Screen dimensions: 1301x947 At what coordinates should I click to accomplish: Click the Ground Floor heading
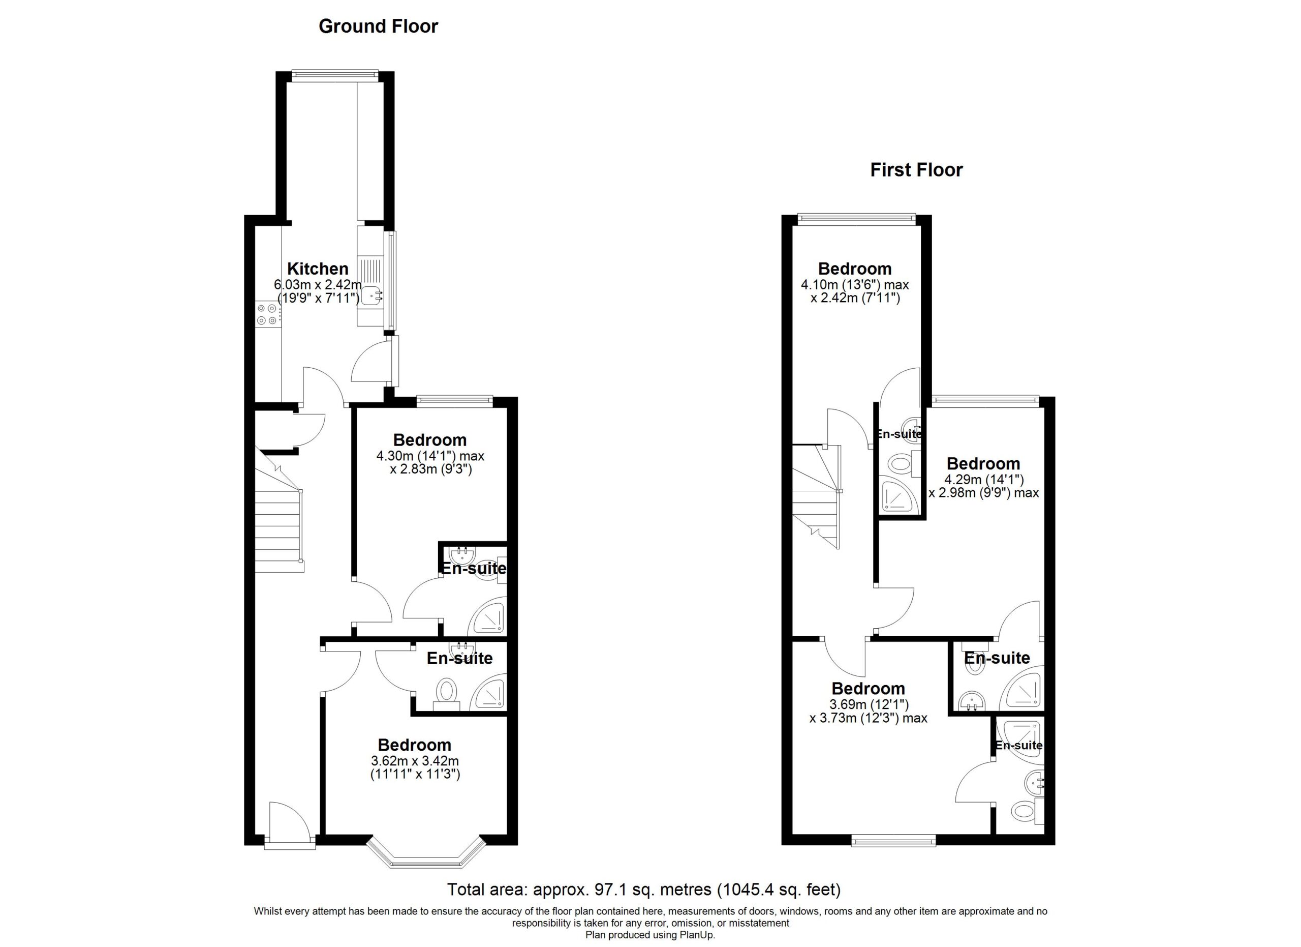378,26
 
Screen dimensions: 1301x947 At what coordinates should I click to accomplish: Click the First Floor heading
916,170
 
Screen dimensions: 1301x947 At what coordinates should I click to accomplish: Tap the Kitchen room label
318,269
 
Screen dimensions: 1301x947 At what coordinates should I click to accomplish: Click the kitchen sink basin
373,295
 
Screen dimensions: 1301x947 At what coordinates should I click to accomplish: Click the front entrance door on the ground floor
290,825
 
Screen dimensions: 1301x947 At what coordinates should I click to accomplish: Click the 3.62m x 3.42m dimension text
415,761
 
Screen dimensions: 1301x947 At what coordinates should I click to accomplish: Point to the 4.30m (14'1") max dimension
430,456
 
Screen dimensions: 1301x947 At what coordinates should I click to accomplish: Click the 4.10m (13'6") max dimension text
855,285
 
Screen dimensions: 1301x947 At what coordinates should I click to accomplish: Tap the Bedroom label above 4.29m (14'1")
983,463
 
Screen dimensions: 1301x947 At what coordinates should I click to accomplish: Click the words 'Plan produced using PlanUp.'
650,935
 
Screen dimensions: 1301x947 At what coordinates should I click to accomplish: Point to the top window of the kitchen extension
335,75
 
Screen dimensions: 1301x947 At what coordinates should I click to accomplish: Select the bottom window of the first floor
894,841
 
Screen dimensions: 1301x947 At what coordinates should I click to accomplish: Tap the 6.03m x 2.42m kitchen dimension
318,285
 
